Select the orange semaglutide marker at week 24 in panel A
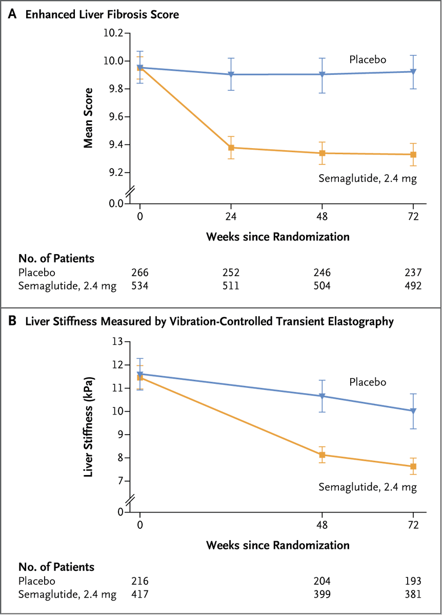[231, 148]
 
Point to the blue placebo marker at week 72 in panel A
[413, 72]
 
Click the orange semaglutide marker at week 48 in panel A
[322, 153]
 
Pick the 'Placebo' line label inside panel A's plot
[367, 59]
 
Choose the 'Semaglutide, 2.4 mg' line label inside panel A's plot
[367, 178]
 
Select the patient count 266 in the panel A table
[140, 272]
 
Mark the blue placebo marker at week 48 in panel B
[322, 396]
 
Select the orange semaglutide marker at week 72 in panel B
[413, 466]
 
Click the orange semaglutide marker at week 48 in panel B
[322, 455]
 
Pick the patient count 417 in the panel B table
[140, 594]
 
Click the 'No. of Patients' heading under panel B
[56, 567]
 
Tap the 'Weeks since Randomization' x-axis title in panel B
[278, 544]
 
